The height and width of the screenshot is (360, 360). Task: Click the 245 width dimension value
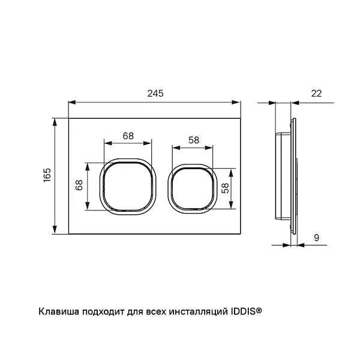click(155, 93)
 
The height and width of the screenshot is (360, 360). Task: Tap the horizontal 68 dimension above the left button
click(128, 136)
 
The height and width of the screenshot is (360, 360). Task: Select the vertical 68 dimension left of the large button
click(79, 185)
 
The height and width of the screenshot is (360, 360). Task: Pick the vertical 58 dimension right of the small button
click(224, 187)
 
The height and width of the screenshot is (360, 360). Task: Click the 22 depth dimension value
click(316, 93)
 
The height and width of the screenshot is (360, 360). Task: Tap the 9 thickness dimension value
click(316, 237)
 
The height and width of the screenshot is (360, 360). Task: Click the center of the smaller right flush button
click(191, 188)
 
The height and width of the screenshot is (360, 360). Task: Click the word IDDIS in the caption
click(241, 311)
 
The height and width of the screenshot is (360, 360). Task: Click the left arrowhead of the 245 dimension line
click(71, 101)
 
